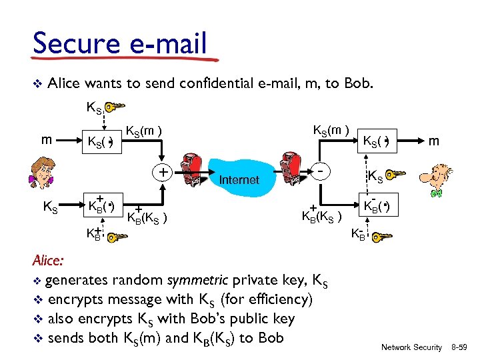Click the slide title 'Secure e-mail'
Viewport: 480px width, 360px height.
click(120, 44)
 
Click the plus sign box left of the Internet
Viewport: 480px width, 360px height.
click(162, 172)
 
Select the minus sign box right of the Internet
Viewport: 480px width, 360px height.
click(322, 172)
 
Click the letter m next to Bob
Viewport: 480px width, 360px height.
click(434, 141)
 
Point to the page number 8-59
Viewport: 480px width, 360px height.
click(461, 347)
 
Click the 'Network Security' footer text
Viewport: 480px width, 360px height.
click(411, 347)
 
